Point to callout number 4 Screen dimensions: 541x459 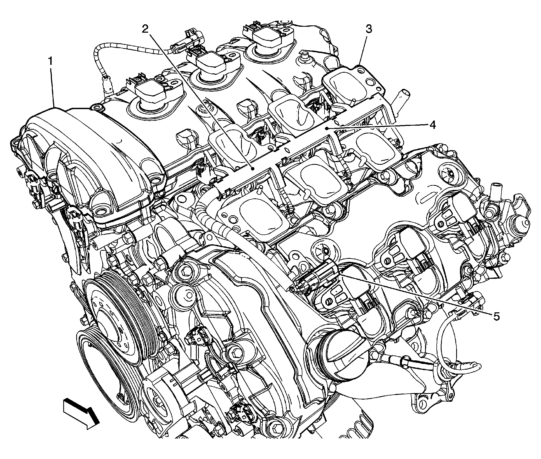click(432, 125)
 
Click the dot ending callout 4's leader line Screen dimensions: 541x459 click(327, 129)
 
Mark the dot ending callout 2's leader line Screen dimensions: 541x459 click(252, 168)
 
